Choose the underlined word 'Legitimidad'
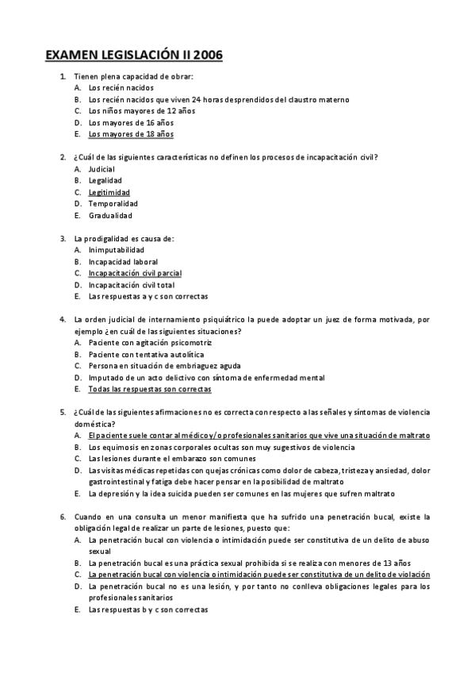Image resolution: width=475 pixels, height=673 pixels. click(x=109, y=192)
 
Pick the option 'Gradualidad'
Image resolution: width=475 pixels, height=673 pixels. click(x=110, y=215)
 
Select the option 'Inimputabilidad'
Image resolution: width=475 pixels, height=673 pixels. click(x=117, y=250)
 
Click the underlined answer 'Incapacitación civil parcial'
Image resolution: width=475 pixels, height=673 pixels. click(x=135, y=273)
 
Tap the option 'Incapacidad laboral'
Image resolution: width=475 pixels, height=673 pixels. click(x=123, y=261)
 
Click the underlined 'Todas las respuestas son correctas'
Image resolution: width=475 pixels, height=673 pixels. click(x=150, y=390)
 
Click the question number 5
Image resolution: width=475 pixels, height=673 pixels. click(x=63, y=413)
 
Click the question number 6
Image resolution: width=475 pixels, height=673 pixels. click(x=63, y=517)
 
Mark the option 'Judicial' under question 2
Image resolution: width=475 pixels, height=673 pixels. click(x=102, y=169)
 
